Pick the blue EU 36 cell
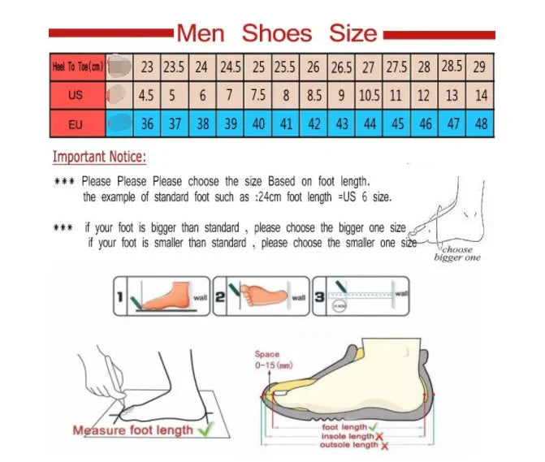pos(147,124)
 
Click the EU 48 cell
pos(481,124)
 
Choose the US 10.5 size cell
pos(369,95)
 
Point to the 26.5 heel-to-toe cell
pos(341,67)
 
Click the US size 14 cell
pos(481,95)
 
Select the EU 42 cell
pos(314,124)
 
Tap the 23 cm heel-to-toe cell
pos(147,67)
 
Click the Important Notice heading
pos(100,157)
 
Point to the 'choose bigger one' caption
pos(457,253)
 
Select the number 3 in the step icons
pos(320,298)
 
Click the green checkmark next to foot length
pos(373,426)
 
